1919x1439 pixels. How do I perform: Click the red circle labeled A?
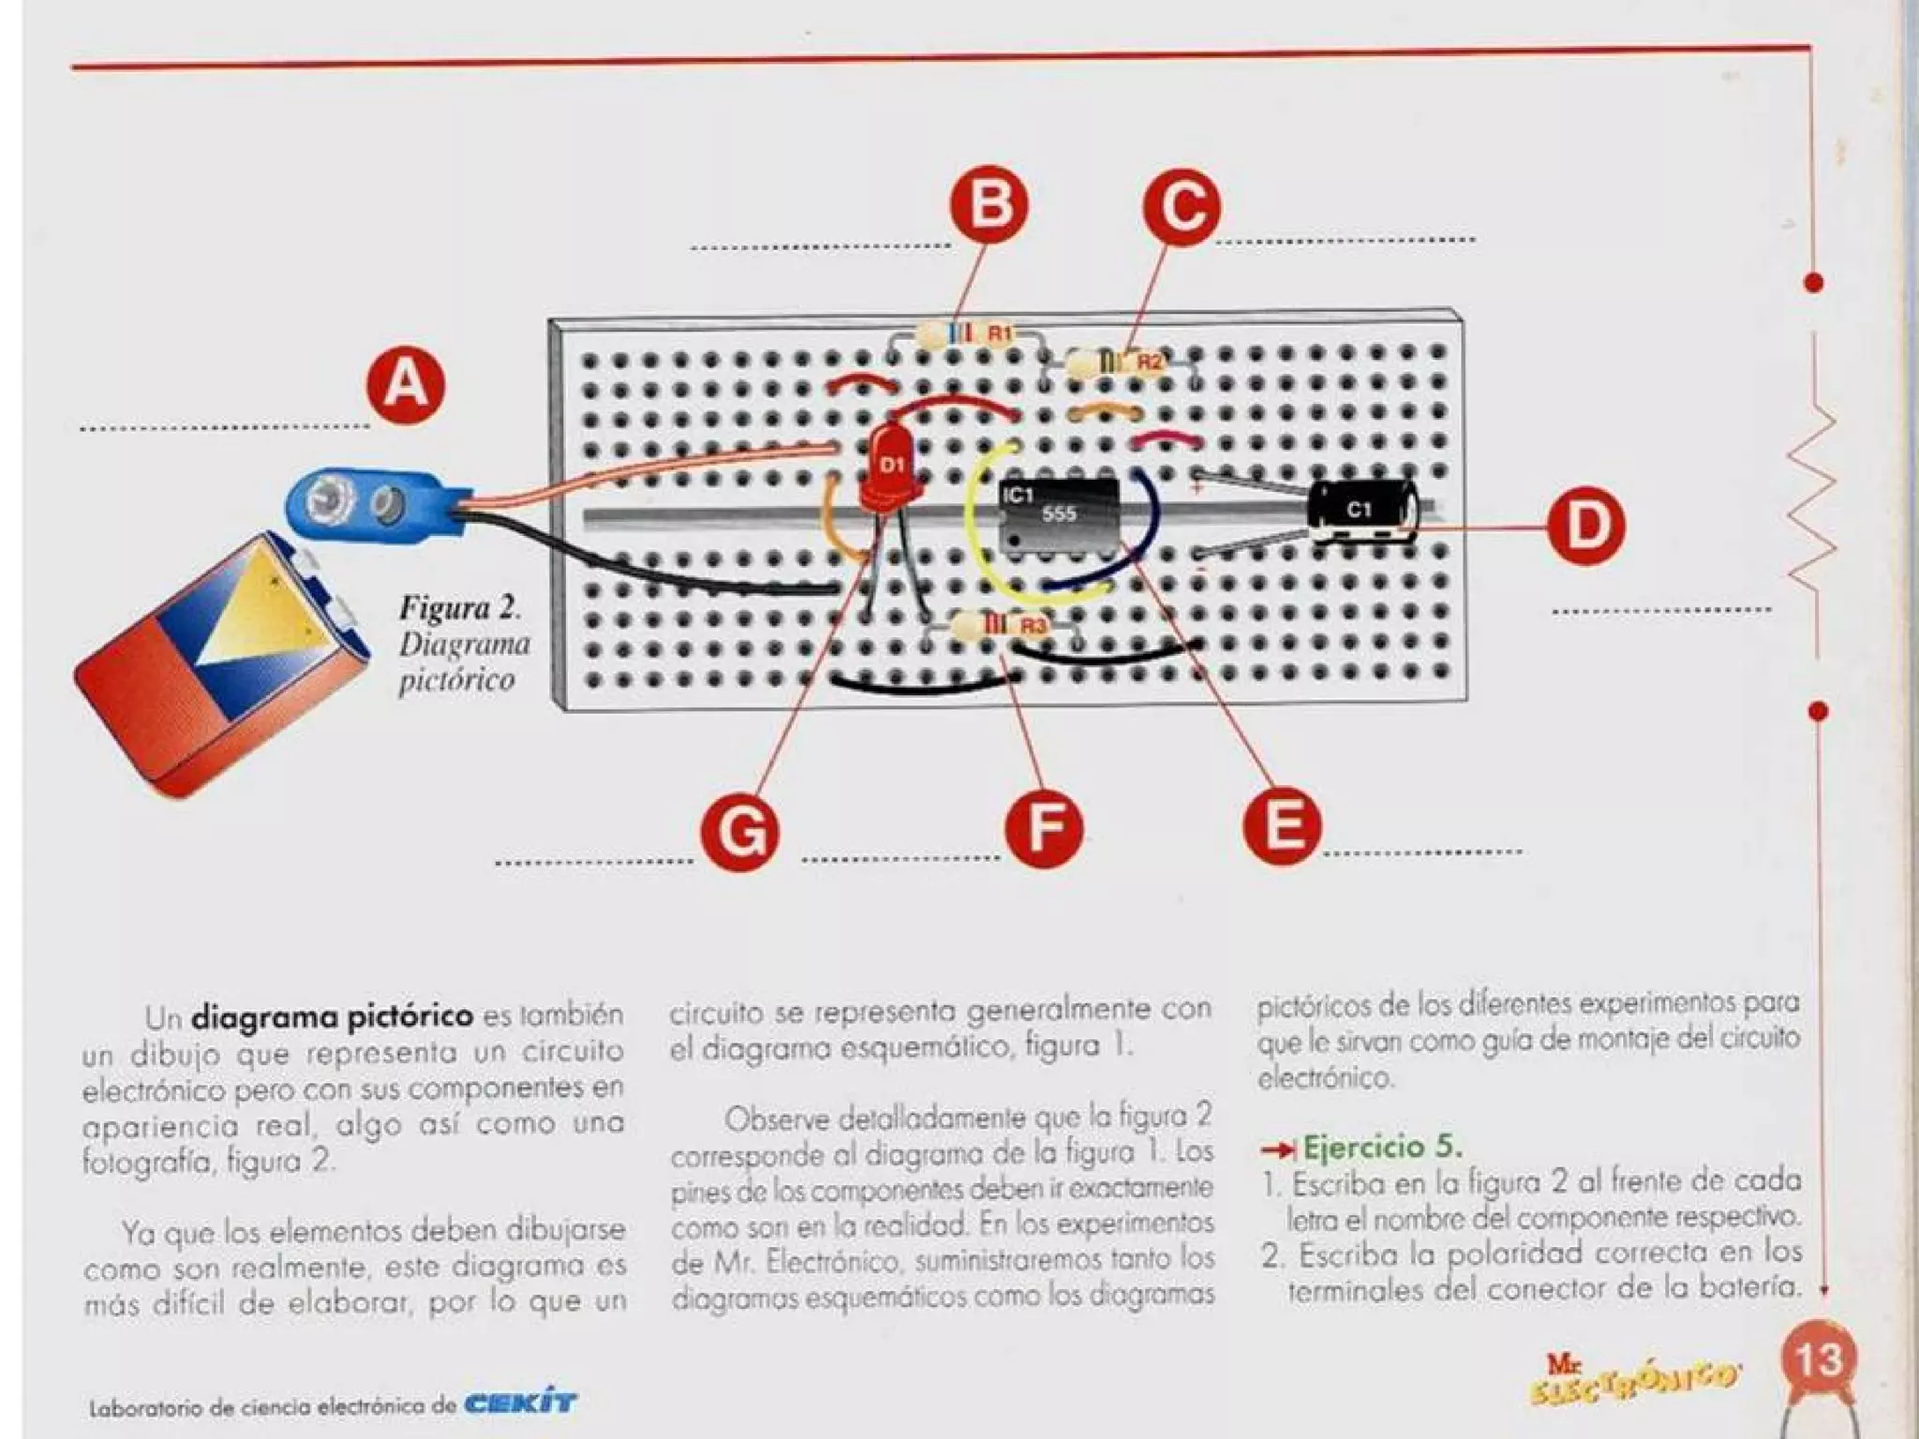405,385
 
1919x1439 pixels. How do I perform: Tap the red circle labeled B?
989,204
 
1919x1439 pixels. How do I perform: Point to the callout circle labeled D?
1584,526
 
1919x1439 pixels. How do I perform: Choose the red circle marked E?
1282,825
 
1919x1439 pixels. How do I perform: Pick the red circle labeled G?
739,832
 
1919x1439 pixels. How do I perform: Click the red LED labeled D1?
891,474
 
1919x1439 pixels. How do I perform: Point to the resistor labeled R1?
965,334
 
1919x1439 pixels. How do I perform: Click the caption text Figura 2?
459,608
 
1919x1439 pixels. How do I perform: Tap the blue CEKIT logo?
521,1403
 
